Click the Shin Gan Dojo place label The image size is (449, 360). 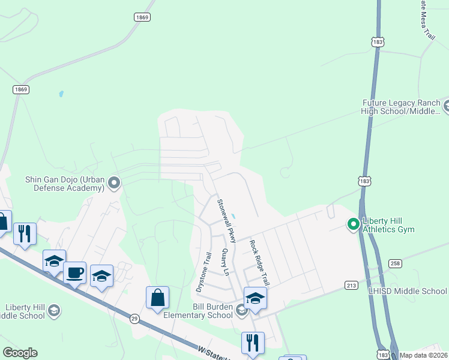click(x=65, y=183)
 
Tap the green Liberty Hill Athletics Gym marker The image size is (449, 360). click(x=354, y=224)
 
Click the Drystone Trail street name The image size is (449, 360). click(x=203, y=272)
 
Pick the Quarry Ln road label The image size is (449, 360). click(x=226, y=262)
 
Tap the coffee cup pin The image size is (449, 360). click(x=75, y=272)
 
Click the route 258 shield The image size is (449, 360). click(x=394, y=263)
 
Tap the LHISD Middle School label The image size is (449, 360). click(x=408, y=291)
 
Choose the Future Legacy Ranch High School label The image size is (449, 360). click(x=401, y=107)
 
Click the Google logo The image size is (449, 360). click(x=20, y=353)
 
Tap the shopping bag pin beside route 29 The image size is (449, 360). click(x=157, y=298)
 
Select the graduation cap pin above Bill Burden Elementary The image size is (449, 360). click(x=255, y=298)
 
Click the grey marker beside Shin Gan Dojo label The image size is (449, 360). click(x=114, y=183)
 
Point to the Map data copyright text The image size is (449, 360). click(x=423, y=355)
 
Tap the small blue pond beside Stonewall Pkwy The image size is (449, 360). click(x=234, y=217)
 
